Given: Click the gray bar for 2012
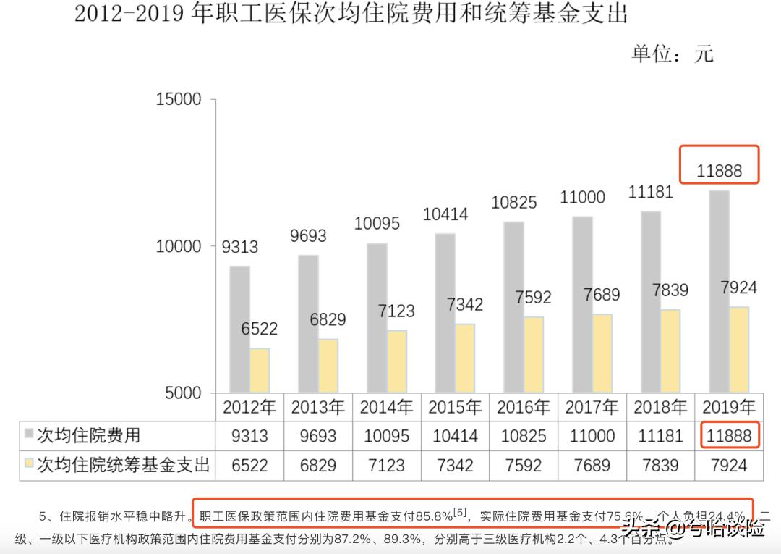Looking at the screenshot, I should pos(239,330).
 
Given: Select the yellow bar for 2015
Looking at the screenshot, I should pos(465,358).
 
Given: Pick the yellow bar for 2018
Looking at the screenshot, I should pos(670,351).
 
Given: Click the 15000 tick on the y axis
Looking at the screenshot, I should pos(179,100).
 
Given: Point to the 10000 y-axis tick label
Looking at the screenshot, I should pos(179,246).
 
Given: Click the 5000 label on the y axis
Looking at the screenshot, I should pos(183,393).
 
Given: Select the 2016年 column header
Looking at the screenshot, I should pos(524,407).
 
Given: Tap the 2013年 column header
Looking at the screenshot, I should pos(318,407).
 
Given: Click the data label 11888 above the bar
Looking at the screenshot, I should pos(720,172).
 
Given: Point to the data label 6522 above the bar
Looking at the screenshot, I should pos(259,330).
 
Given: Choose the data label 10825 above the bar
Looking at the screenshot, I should pos(514,203).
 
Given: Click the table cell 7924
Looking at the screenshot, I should pos(728,465).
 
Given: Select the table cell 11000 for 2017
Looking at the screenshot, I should pos(592,436).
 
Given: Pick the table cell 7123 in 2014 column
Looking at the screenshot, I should pos(386,465).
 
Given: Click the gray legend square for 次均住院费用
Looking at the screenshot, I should pos(29,435).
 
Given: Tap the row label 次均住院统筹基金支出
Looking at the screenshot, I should pos(123,464).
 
